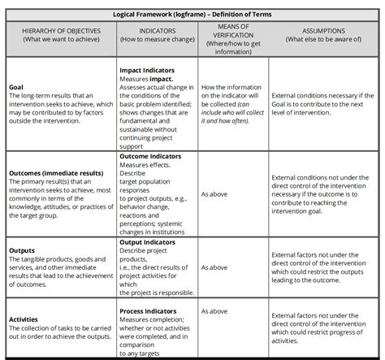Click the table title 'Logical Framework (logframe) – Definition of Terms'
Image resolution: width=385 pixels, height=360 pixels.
point(192,14)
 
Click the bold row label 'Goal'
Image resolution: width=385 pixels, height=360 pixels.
point(15,86)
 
